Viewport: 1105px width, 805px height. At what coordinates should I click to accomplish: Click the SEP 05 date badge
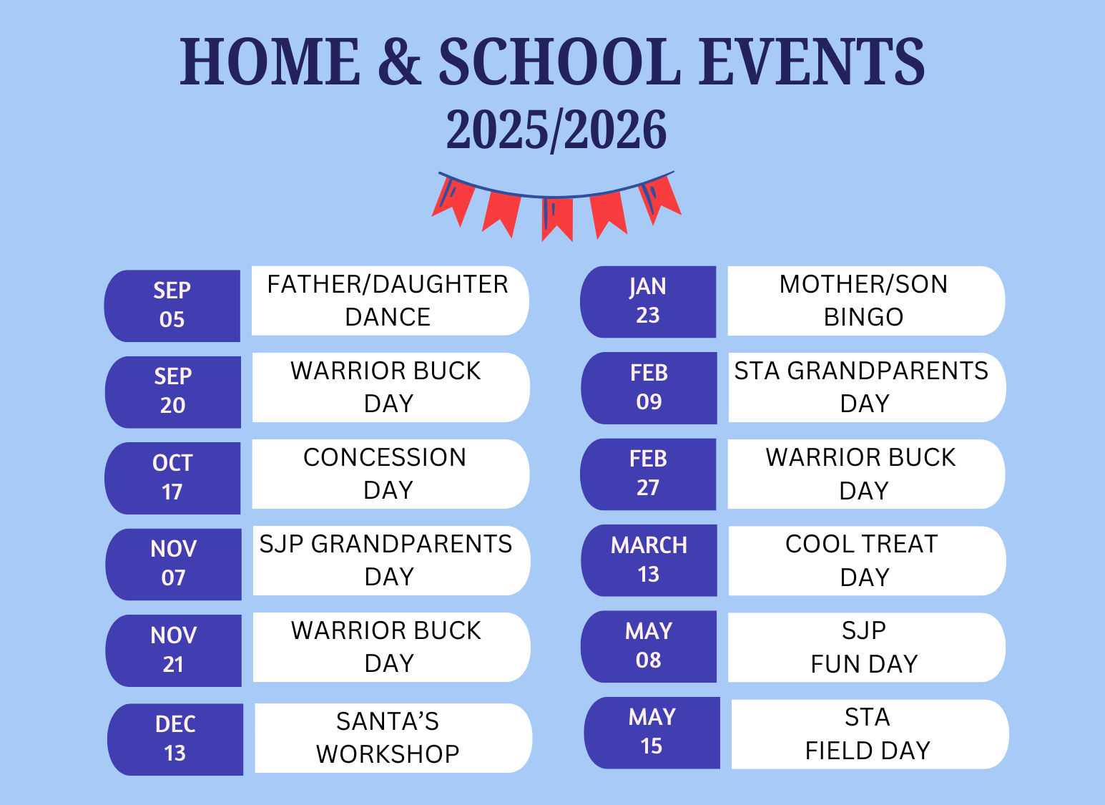(172, 306)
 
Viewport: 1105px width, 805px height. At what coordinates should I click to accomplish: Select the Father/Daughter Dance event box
(391, 301)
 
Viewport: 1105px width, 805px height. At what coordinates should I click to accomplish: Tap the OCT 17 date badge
(172, 478)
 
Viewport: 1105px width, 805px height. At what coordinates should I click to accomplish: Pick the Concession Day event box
(391, 474)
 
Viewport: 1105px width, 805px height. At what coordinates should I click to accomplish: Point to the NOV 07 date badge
(174, 565)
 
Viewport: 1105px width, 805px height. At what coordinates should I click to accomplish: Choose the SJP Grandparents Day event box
(392, 561)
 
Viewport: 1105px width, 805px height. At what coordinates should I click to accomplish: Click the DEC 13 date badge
(175, 739)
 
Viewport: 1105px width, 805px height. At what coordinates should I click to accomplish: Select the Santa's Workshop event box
(393, 738)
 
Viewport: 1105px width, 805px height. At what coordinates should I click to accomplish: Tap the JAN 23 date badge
(648, 302)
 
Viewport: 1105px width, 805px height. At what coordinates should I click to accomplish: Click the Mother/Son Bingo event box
(866, 301)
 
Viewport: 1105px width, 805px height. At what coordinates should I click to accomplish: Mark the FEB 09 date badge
(649, 388)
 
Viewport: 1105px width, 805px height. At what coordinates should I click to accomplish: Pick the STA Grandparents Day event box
(868, 387)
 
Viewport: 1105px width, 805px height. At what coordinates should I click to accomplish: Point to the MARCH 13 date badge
(649, 561)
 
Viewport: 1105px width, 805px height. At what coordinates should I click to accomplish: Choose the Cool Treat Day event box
(868, 561)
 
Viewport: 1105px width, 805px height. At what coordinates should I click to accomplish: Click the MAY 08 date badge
(649, 647)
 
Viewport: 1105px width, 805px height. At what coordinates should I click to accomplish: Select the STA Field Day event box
(870, 734)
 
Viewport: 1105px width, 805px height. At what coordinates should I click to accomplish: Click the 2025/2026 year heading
(556, 130)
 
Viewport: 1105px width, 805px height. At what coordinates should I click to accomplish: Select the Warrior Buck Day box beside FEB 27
(866, 474)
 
